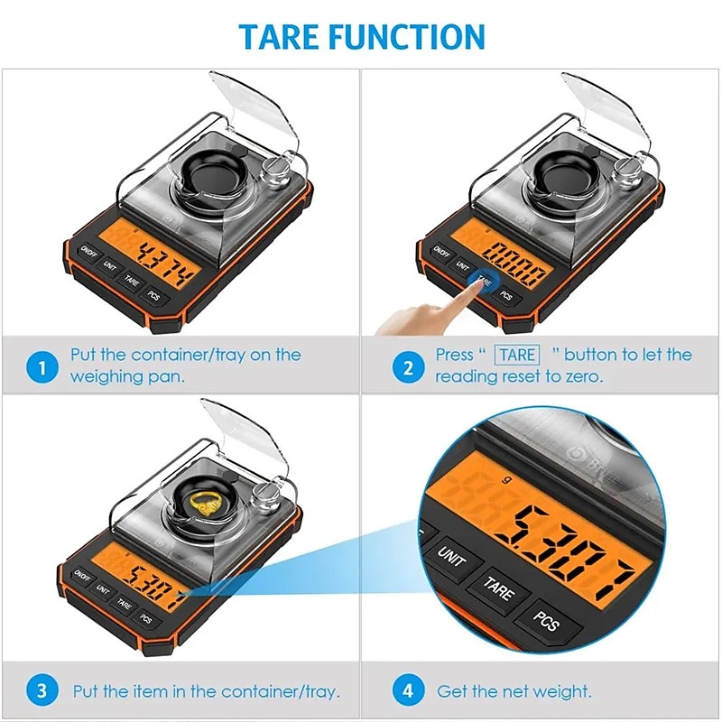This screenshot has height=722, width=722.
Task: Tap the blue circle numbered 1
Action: coord(38,366)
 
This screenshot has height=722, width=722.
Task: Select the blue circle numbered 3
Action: coord(38,692)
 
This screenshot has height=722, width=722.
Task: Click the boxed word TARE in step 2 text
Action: coord(518,355)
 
